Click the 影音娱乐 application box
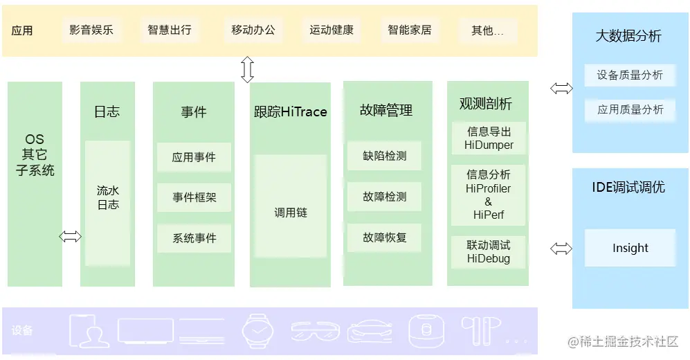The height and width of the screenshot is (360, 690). click(x=91, y=30)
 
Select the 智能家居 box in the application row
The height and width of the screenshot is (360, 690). click(x=409, y=30)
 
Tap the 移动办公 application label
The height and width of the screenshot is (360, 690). click(x=253, y=30)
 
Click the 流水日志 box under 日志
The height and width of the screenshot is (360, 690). click(x=108, y=203)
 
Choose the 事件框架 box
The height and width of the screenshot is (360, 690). click(x=194, y=197)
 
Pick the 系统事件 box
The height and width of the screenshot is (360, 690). click(x=194, y=238)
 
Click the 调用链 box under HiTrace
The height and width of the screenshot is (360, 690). click(x=290, y=213)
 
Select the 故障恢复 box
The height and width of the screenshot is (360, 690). click(x=384, y=237)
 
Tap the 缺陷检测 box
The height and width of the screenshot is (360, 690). click(x=384, y=156)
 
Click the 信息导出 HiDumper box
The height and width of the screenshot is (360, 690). click(x=489, y=138)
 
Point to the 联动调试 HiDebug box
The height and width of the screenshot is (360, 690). click(x=489, y=252)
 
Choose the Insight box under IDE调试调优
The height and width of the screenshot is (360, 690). click(x=630, y=248)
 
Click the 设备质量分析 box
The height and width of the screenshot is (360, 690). click(x=630, y=75)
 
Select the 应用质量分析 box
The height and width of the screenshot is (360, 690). click(x=630, y=109)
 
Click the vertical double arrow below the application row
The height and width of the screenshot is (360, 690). click(x=247, y=70)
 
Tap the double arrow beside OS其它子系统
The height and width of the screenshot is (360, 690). click(x=70, y=237)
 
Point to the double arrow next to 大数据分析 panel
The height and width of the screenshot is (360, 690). click(x=561, y=88)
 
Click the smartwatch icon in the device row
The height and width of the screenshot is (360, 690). click(x=257, y=330)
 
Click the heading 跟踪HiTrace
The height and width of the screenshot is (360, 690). click(x=290, y=111)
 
